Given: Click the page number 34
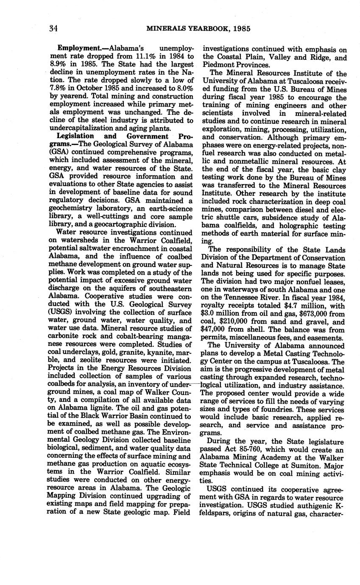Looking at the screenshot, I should [x=53, y=29].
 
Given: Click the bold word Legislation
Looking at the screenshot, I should [x=76, y=136].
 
